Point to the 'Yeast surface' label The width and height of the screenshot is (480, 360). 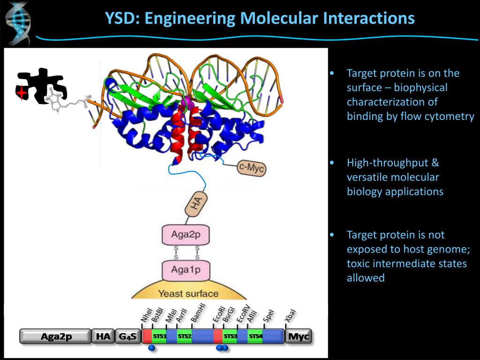tap(188, 294)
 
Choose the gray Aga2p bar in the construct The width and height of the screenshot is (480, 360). tap(55, 336)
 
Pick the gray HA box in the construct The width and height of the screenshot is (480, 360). tap(103, 336)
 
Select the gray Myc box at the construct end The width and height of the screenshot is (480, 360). tap(298, 336)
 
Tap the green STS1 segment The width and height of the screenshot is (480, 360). tap(159, 336)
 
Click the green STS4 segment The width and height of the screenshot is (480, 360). tap(255, 336)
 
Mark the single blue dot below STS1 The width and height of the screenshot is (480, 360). tap(151, 348)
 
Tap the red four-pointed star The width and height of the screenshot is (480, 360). tap(21, 93)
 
